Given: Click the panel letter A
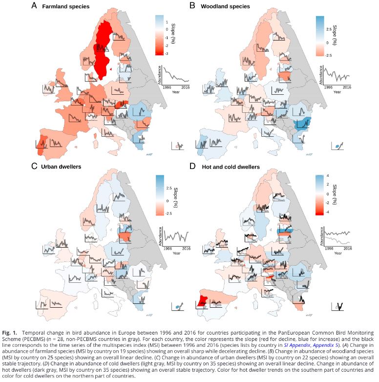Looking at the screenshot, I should tap(34, 6).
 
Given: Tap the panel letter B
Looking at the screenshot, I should tap(192, 6).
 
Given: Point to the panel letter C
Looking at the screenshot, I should tap(34, 166).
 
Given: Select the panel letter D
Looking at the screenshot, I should tap(192, 166).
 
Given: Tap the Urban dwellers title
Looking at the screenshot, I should tap(62, 167).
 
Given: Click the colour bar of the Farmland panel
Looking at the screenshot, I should tap(160, 35).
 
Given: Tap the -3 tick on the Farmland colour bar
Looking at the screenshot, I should tap(168, 53).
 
